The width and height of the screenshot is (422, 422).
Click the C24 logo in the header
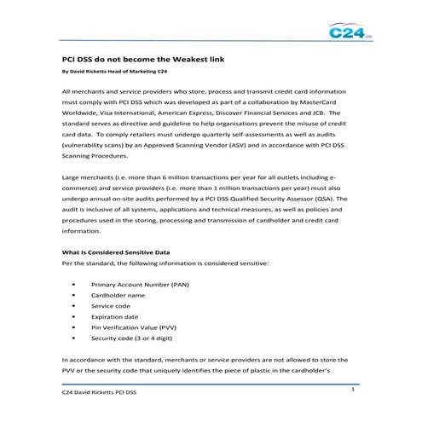tap(349, 33)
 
